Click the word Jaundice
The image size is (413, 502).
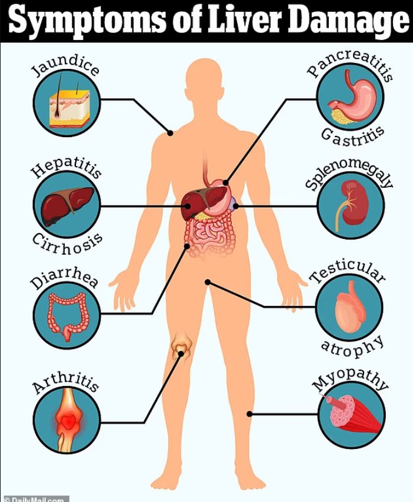coord(65,65)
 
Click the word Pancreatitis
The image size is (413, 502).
coord(351,63)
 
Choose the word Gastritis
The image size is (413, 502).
coord(352,135)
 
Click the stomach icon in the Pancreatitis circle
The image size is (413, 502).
coord(351,97)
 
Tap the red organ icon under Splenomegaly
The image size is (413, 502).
coord(351,205)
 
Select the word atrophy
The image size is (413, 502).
coord(352,348)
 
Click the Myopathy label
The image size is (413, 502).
coord(351,377)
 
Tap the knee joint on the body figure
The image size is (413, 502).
coord(181,349)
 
